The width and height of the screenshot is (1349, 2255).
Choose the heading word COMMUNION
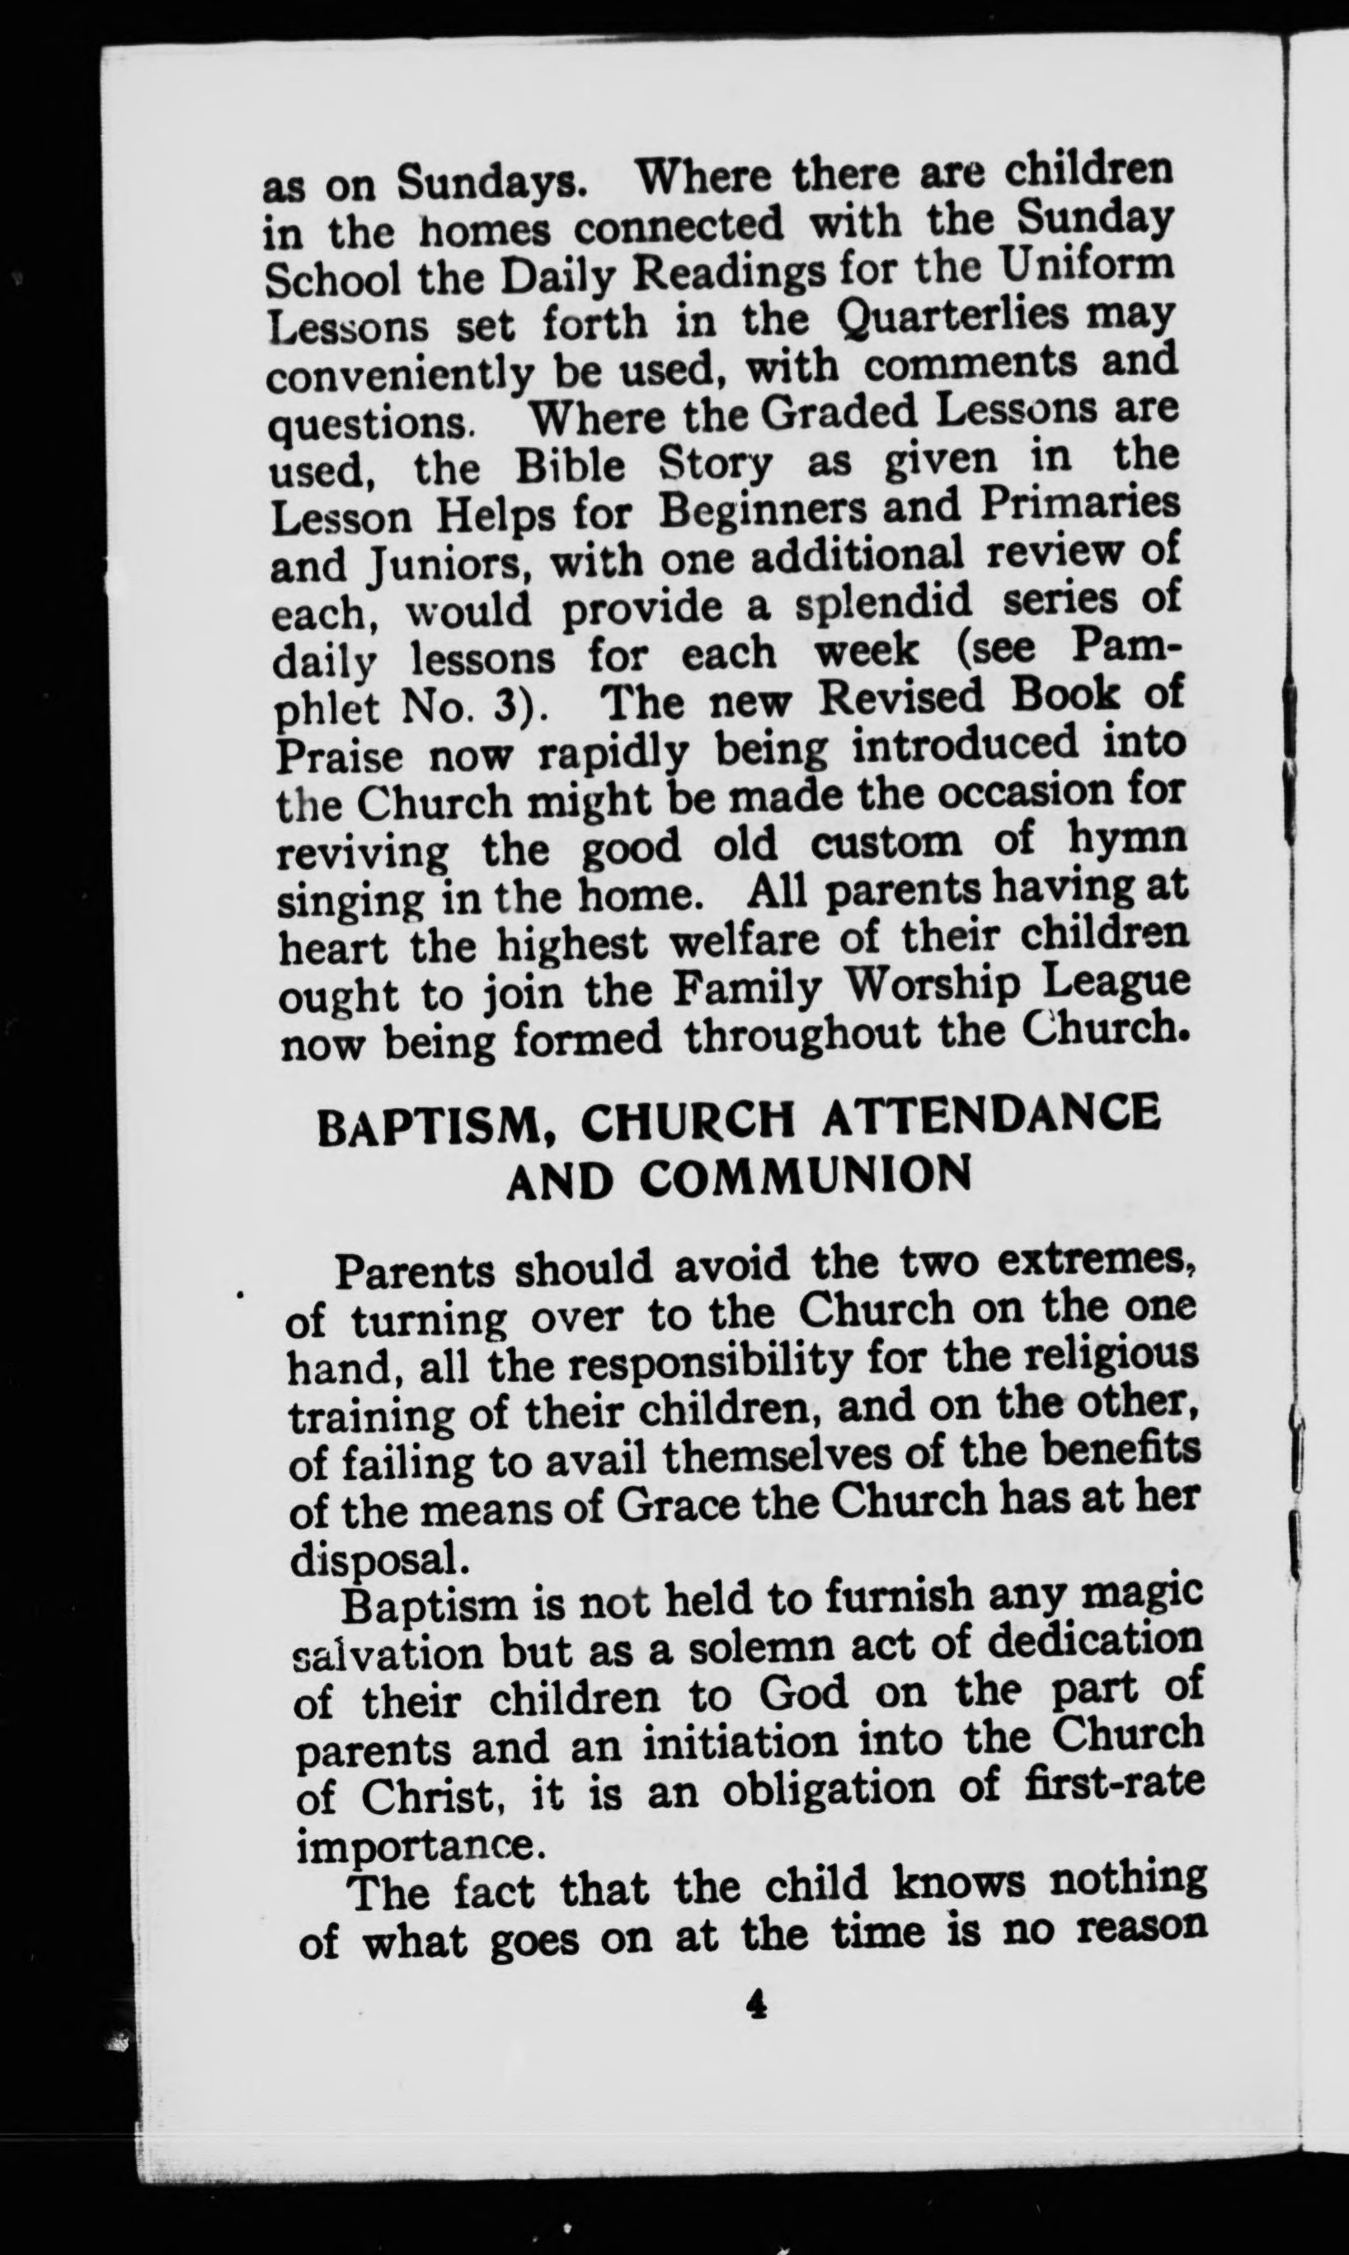tap(805, 1178)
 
